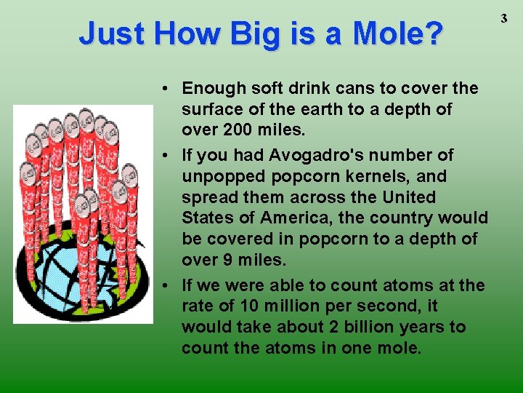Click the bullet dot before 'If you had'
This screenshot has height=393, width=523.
(166, 155)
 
